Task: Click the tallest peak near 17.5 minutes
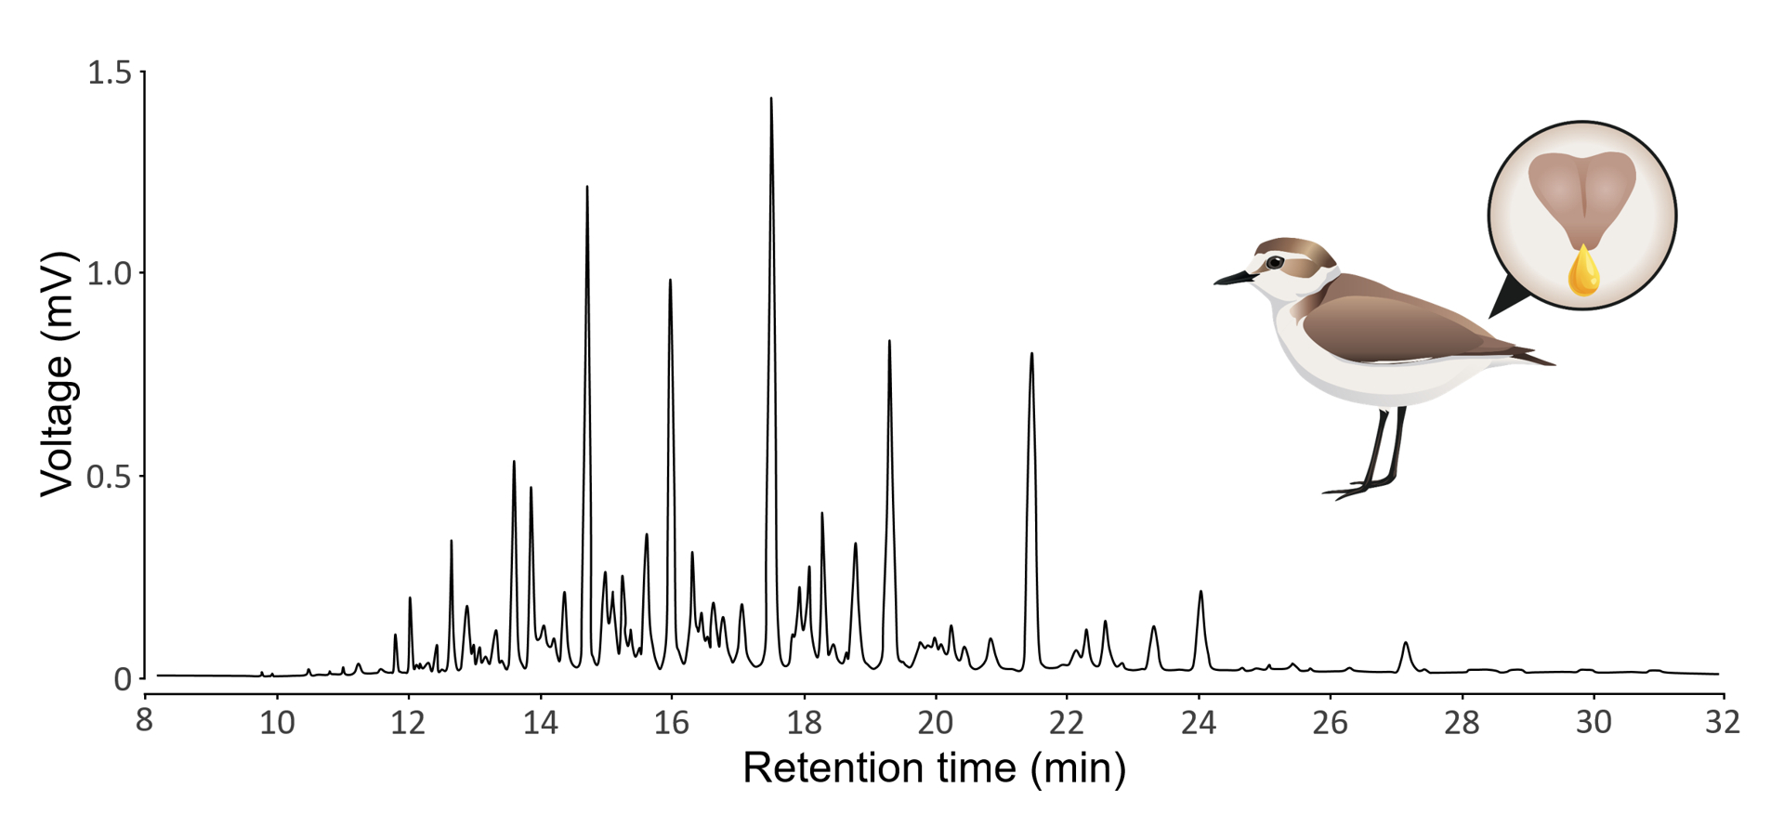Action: pos(771,100)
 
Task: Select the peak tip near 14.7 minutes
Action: pos(587,189)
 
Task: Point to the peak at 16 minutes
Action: pos(670,282)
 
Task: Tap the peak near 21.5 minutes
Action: pos(1031,355)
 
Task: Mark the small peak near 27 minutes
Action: pos(1406,644)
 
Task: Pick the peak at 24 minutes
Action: pos(1200,593)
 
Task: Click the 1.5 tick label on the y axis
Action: pos(109,72)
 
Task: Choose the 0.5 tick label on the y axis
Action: pos(109,477)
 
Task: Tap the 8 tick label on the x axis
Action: pos(144,721)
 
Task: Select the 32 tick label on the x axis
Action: pos(1722,721)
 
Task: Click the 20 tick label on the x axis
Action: pos(935,721)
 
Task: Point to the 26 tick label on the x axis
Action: pos(1330,721)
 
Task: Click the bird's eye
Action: pos(1275,263)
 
